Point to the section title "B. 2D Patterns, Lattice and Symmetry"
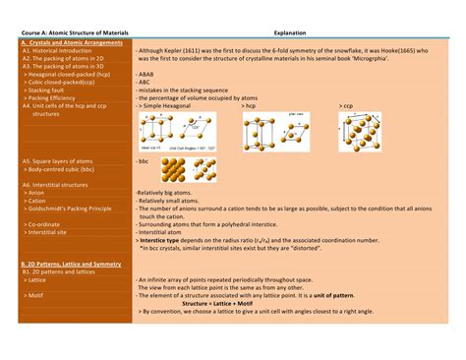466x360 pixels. [x=75, y=265]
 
